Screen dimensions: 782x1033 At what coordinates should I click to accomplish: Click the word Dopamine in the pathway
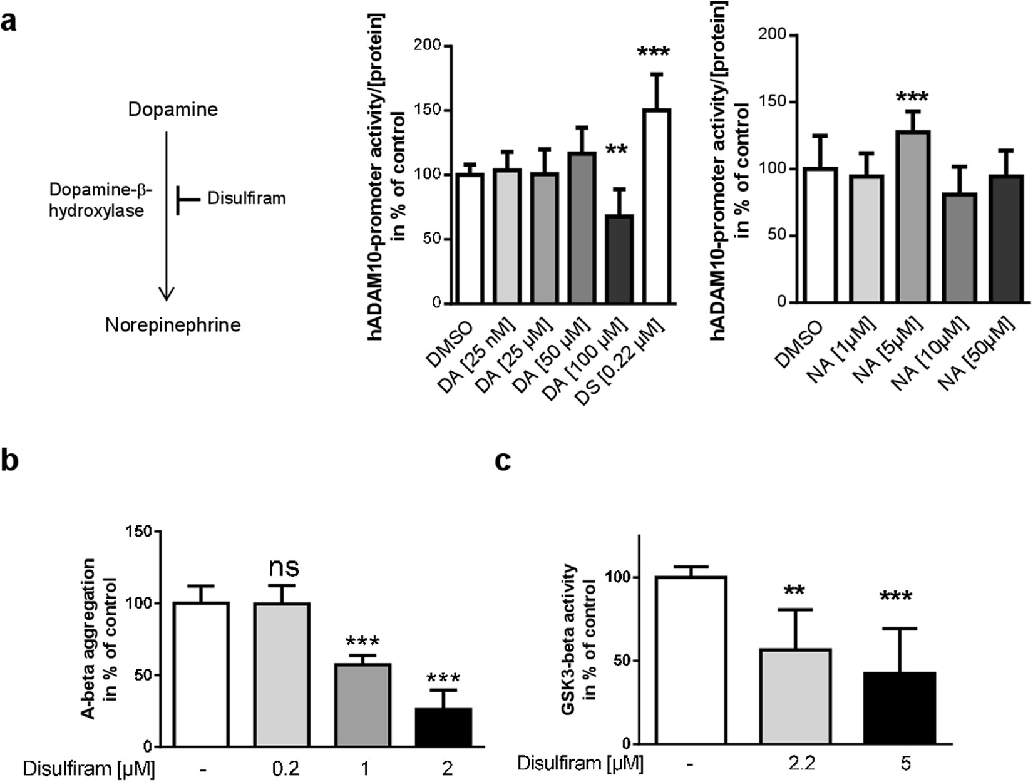(173, 110)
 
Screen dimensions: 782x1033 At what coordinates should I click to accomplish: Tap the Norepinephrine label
(173, 325)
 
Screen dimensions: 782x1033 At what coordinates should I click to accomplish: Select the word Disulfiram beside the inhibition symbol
(246, 198)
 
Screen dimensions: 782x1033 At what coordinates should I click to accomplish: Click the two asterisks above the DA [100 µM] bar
(617, 150)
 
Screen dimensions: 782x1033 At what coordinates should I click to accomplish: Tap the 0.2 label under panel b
(283, 768)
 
